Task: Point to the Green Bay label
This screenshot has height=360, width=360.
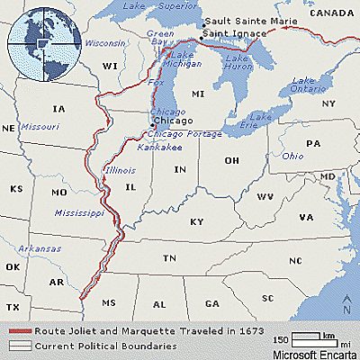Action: coord(160,39)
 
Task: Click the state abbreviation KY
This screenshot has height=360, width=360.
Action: coord(196,220)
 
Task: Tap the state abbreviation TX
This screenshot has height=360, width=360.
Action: coord(13,307)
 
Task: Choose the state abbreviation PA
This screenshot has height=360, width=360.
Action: coord(312,144)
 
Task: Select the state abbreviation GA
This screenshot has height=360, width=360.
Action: coord(212,304)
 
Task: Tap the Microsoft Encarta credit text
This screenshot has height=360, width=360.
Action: coord(315,353)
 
